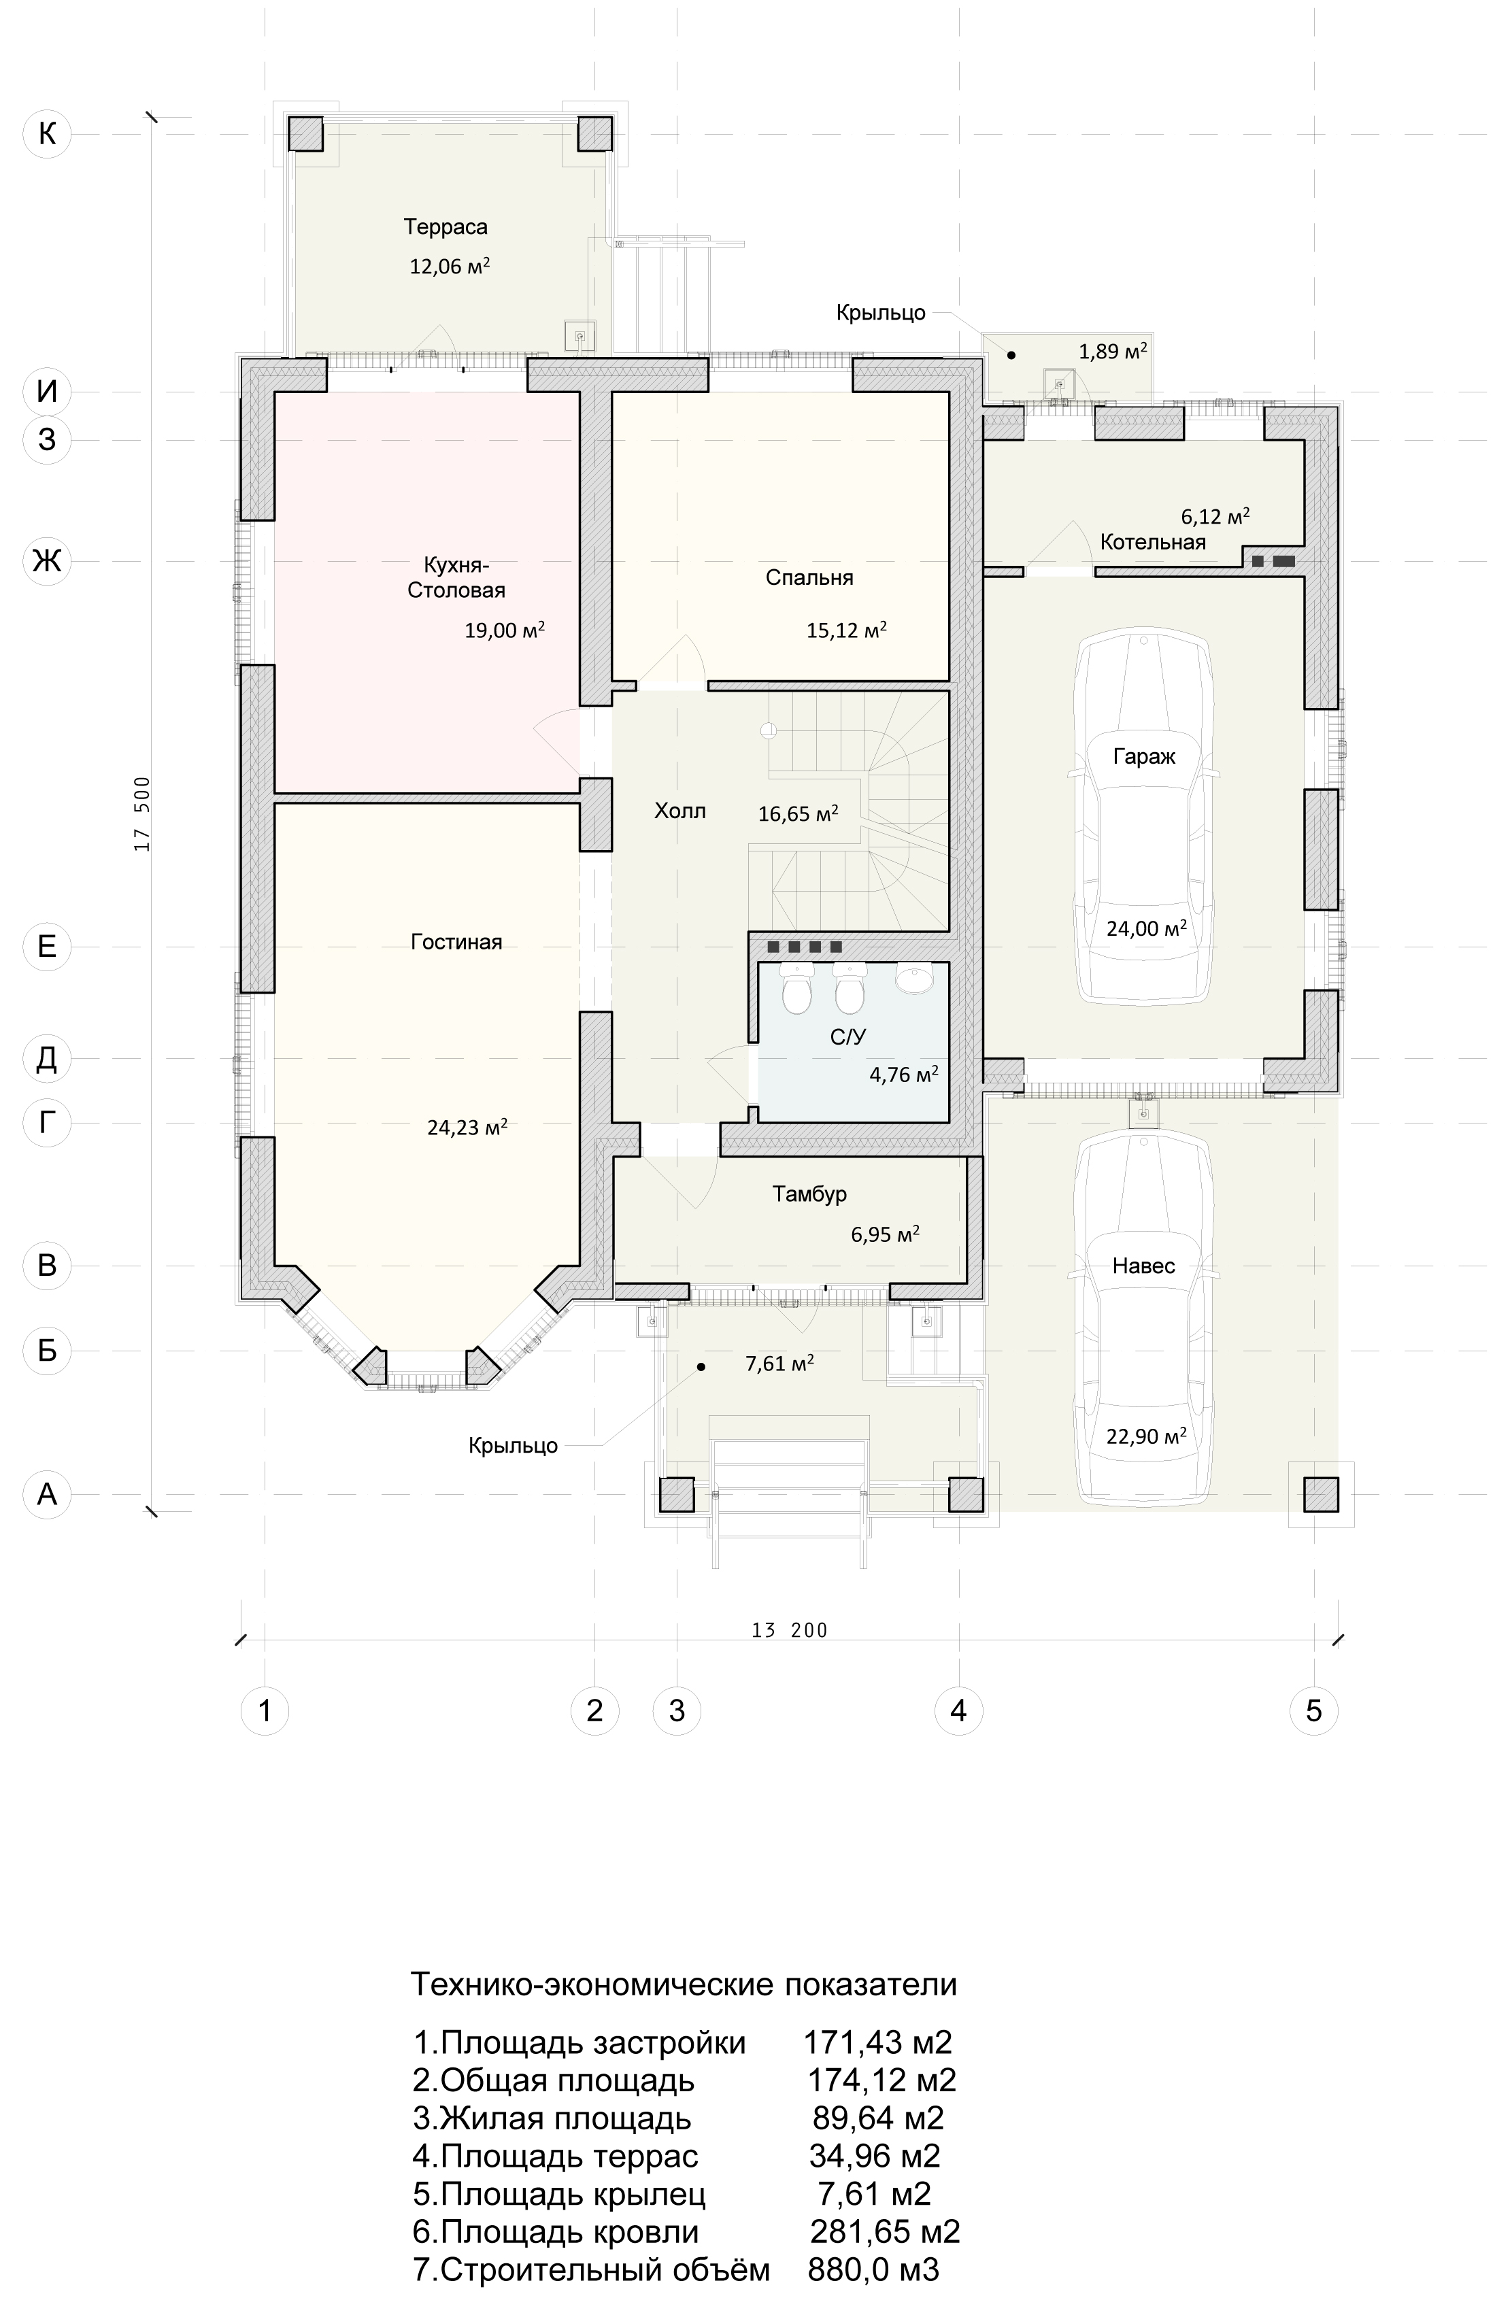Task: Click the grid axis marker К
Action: [46, 133]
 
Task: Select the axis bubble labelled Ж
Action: [46, 560]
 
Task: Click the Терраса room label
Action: [446, 228]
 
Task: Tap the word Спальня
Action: [809, 578]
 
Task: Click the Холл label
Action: [680, 811]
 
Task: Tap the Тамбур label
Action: [809, 1194]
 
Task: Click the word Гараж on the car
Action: [1143, 757]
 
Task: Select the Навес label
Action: [1143, 1266]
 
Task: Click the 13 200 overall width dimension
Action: [789, 1631]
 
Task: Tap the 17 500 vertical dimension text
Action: [143, 814]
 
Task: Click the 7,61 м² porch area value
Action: [778, 1364]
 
